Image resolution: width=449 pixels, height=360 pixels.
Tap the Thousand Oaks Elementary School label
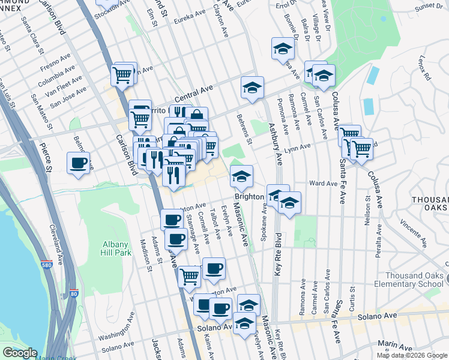pyautogui.click(x=415, y=280)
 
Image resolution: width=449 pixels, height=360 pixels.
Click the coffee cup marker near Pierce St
pyautogui.click(x=78, y=163)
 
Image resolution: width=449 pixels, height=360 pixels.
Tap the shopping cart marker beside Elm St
pyautogui.click(x=122, y=76)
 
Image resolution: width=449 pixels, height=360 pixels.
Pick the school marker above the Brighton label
pyautogui.click(x=241, y=176)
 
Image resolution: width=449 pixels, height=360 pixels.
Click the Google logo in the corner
pyautogui.click(x=20, y=353)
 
